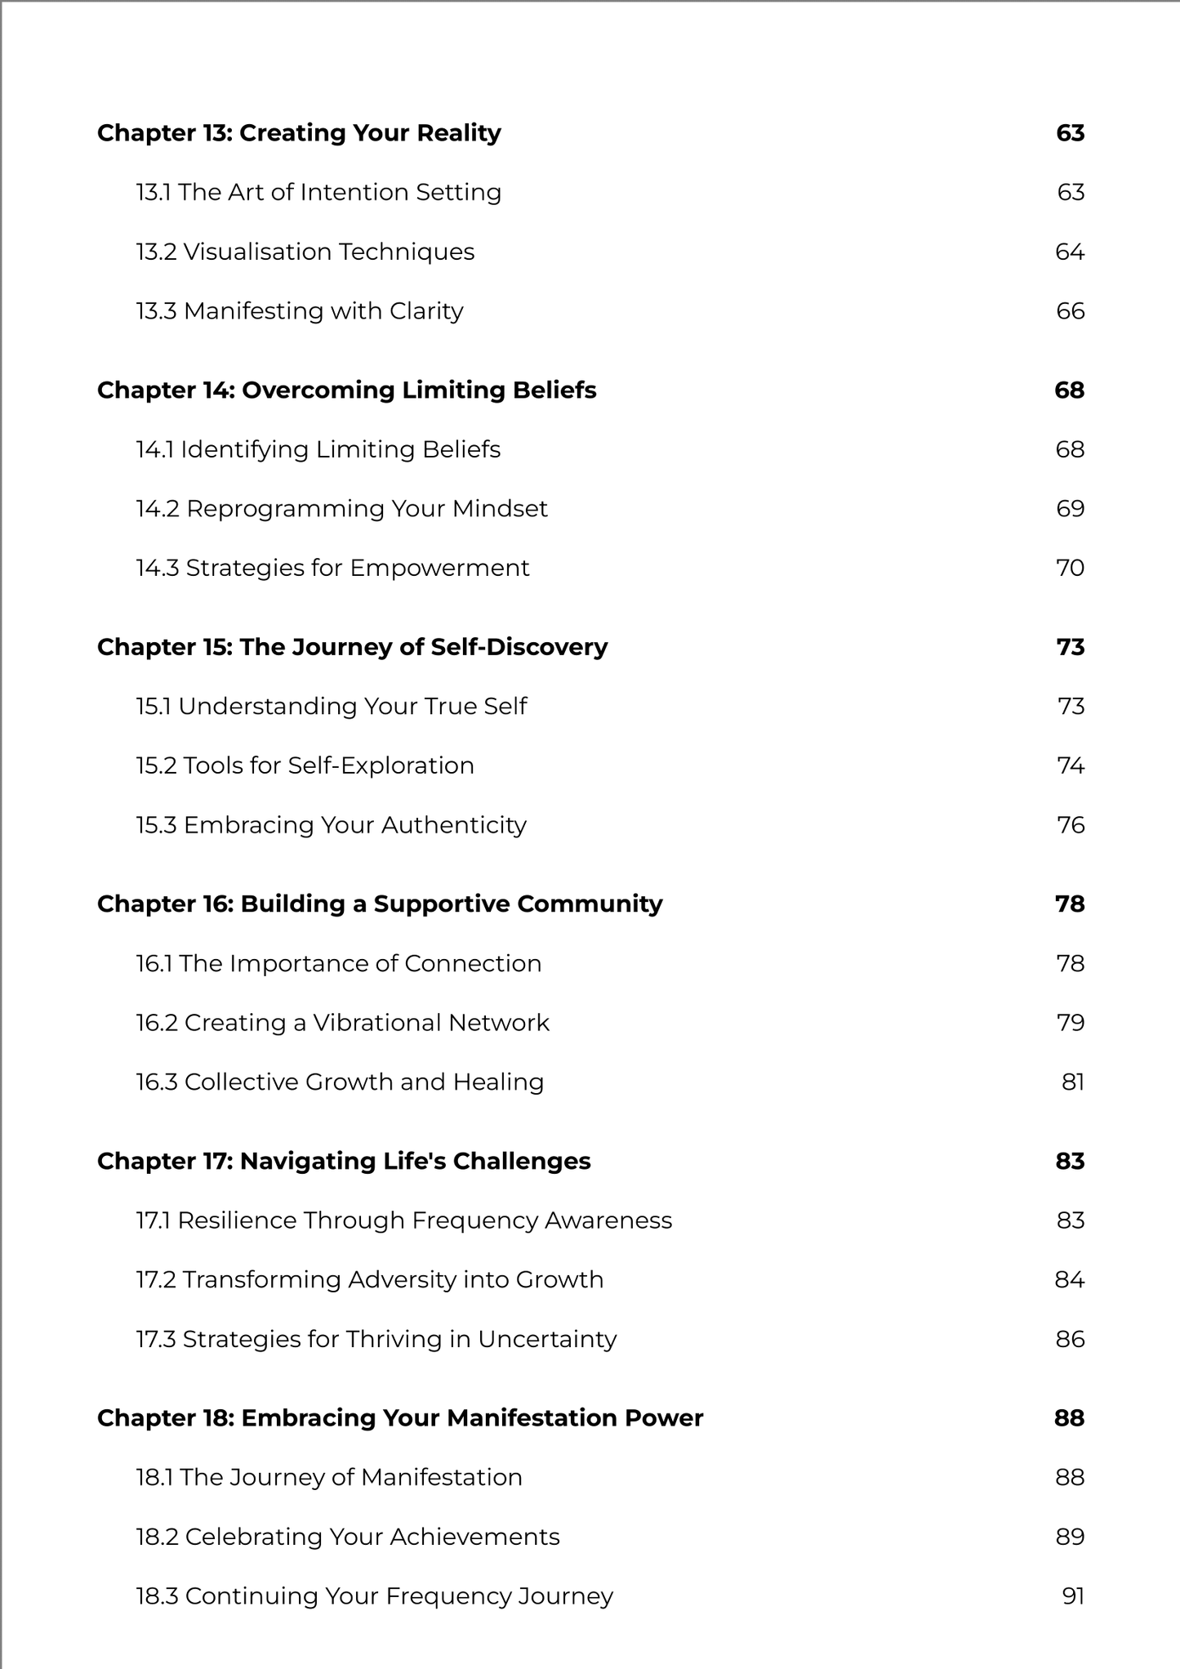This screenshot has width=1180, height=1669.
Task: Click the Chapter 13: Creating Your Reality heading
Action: click(x=299, y=133)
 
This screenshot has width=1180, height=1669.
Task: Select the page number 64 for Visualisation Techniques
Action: click(x=1069, y=252)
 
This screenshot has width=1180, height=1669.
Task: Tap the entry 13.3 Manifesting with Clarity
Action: click(x=300, y=311)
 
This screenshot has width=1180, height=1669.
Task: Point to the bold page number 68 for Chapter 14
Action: click(x=1069, y=390)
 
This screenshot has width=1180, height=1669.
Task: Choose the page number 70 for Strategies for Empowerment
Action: click(x=1070, y=568)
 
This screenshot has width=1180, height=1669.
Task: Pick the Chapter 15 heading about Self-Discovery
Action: click(x=352, y=647)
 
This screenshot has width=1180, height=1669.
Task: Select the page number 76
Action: click(x=1071, y=825)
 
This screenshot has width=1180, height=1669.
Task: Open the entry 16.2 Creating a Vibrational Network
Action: click(x=342, y=1023)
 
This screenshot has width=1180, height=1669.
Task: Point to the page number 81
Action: click(x=1072, y=1082)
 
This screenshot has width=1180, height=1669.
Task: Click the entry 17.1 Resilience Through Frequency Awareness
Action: click(x=403, y=1221)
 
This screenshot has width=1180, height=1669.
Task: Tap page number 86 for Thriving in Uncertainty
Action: click(x=1070, y=1339)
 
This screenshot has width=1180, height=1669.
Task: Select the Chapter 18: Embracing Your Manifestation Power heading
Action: click(x=399, y=1418)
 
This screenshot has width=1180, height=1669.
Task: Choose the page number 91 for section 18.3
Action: click(x=1073, y=1596)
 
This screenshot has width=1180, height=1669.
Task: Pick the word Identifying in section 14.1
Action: click(x=244, y=450)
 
